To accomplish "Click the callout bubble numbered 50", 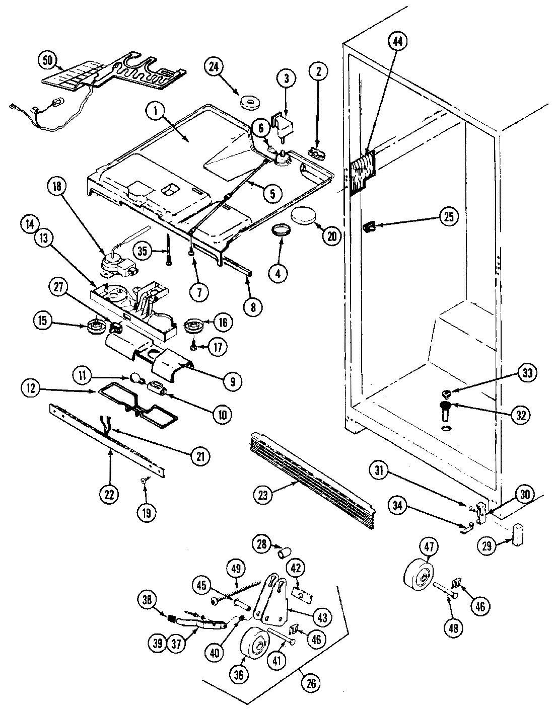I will (x=48, y=59).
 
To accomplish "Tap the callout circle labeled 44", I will (x=398, y=43).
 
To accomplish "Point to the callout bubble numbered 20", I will (x=331, y=236).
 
